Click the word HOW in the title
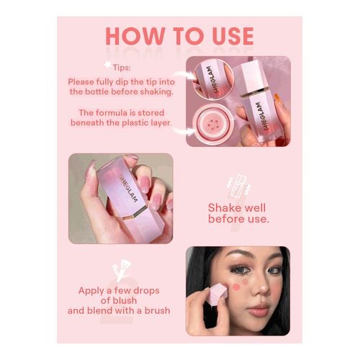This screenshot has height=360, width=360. point(135,36)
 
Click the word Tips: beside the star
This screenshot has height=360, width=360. point(122,68)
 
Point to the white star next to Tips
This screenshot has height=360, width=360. point(108,65)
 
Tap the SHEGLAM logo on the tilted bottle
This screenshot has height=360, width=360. point(128,188)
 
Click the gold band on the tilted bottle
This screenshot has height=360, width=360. point(135,212)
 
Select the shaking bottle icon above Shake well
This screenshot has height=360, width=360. point(239,185)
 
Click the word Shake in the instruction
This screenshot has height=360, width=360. point(222,208)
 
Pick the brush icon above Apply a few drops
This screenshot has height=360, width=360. point(122,271)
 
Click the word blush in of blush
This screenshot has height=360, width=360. point(125,300)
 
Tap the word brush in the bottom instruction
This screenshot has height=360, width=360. point(157,310)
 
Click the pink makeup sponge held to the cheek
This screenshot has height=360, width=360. point(217,294)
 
